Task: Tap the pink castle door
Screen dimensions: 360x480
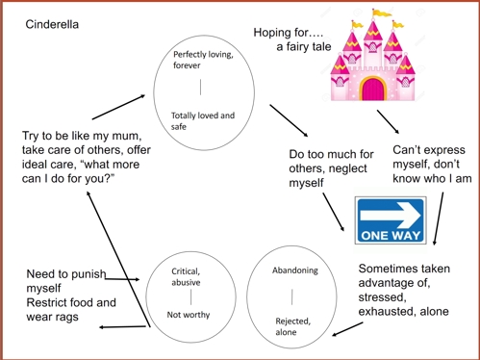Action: (x=371, y=90)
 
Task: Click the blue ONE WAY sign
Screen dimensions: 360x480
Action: (x=390, y=219)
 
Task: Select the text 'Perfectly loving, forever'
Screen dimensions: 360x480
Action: (x=202, y=60)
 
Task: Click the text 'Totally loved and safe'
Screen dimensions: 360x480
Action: (x=202, y=121)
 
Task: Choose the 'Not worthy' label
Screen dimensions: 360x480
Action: (x=189, y=315)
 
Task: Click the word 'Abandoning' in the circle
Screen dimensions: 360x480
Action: (x=294, y=270)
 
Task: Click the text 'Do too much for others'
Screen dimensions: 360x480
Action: (x=331, y=161)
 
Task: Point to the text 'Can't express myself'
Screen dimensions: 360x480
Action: (x=429, y=157)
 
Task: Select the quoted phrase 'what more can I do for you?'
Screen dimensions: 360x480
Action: (x=73, y=171)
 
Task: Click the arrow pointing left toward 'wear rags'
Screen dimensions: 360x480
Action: (x=121, y=327)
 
